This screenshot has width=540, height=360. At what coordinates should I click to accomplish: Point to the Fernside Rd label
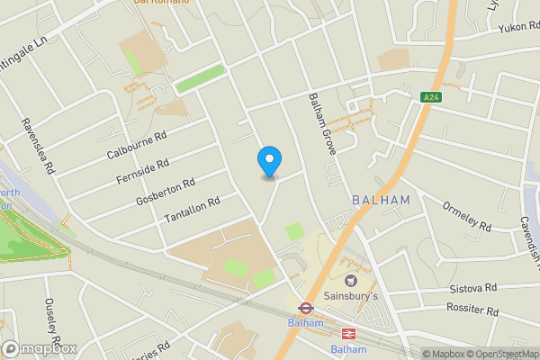tap(143, 171)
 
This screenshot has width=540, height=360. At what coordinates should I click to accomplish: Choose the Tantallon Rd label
tap(193, 212)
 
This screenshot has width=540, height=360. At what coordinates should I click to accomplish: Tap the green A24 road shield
tap(431, 96)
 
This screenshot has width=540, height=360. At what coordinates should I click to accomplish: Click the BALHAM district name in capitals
tap(382, 200)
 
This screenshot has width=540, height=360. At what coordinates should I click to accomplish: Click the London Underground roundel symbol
tap(306, 307)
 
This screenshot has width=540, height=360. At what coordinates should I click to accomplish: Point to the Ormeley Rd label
tap(467, 216)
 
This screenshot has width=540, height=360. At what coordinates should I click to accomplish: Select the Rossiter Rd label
tap(472, 310)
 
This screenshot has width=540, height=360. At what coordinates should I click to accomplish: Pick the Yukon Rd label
tap(519, 28)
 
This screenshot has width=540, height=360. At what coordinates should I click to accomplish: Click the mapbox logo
tap(39, 348)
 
